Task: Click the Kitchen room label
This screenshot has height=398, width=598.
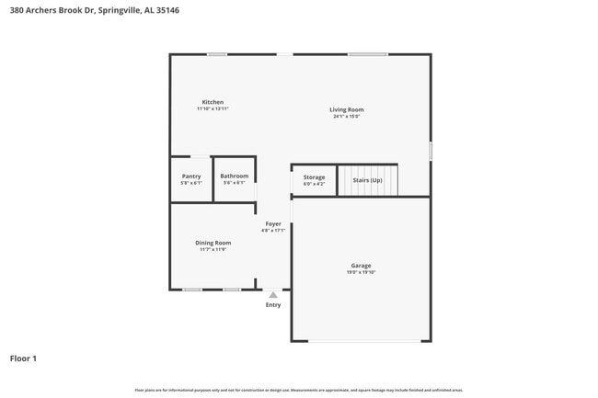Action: coord(213,102)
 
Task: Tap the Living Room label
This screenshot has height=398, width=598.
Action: coord(347,110)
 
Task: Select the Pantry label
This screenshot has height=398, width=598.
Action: coord(191,176)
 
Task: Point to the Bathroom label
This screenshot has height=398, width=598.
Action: coord(234,176)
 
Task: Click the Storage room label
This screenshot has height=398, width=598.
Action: coord(314,176)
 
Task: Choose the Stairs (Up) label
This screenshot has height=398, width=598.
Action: coord(367,180)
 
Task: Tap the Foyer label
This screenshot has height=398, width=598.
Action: coord(273,223)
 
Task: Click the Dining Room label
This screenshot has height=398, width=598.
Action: coord(213,243)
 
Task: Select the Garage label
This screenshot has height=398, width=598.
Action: coord(361,266)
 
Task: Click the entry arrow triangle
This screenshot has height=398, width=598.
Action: coord(273,295)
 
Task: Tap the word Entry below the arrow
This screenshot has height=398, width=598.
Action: coord(273,305)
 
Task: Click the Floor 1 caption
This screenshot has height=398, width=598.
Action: coord(23,358)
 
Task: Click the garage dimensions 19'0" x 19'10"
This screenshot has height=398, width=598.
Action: coord(361,272)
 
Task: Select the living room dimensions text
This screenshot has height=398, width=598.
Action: coord(347,117)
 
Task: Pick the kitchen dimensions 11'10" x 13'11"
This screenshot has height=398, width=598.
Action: coord(213,108)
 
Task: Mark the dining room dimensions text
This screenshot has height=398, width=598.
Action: coord(213,249)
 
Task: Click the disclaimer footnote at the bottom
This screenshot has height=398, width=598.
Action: coord(298,391)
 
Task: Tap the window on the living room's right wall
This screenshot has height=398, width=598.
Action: coord(430,151)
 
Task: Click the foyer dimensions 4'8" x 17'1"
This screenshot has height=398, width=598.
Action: coord(273,230)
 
